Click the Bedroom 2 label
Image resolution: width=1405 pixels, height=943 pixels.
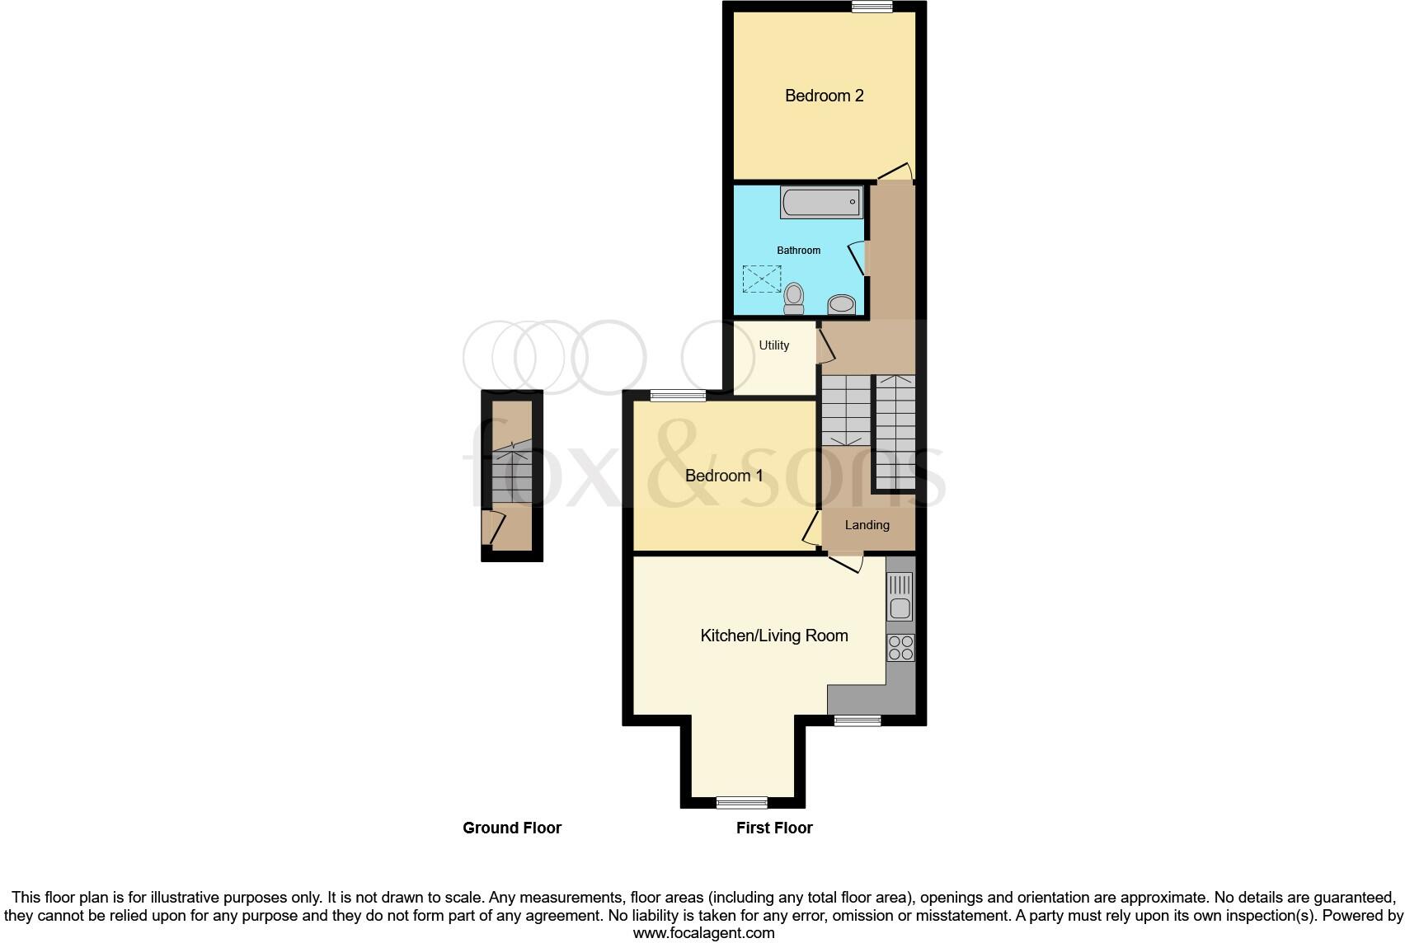tap(824, 96)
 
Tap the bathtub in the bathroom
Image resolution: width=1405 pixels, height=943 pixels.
tap(821, 202)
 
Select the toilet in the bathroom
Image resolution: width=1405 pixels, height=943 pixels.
tap(794, 298)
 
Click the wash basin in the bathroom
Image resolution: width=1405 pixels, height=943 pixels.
tap(842, 305)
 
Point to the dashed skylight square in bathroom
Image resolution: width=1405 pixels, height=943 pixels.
tap(762, 279)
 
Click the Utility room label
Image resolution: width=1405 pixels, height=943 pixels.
tap(773, 345)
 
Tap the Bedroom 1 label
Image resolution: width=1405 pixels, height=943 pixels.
tap(724, 476)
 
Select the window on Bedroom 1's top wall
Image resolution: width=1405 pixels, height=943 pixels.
tap(678, 396)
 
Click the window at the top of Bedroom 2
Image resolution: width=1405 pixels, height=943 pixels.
tap(872, 7)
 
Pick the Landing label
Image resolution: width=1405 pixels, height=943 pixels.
tap(867, 525)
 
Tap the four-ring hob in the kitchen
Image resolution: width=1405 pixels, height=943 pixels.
tap(900, 648)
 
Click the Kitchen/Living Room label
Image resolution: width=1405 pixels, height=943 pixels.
tap(773, 636)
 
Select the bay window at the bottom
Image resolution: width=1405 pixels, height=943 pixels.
tap(741, 802)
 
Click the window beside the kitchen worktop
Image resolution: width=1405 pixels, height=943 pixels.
tap(858, 720)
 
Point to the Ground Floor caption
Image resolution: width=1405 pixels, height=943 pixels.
tap(511, 828)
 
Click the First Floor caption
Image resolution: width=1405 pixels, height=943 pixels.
tap(773, 828)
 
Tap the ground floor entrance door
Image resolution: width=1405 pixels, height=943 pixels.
tap(493, 528)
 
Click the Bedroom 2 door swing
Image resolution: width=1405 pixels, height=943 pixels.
tap(895, 172)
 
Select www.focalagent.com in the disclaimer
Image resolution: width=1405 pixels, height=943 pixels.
tap(703, 934)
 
